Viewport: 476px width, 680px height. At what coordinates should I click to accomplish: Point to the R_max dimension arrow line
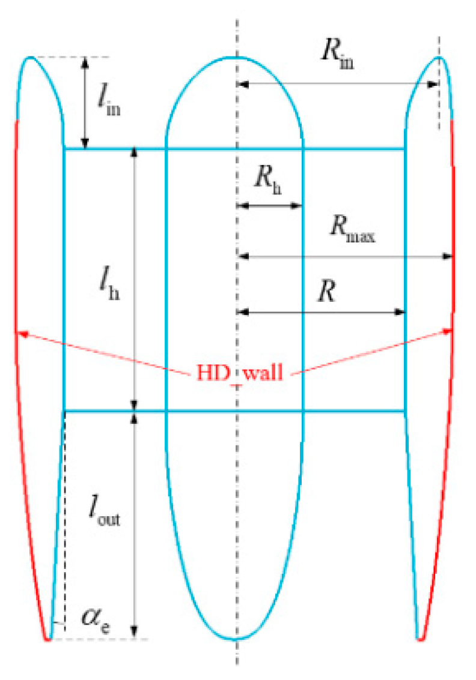point(346,256)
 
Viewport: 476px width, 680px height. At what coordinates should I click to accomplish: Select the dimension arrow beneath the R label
point(322,312)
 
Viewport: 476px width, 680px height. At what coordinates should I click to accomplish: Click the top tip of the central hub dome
point(236,57)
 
